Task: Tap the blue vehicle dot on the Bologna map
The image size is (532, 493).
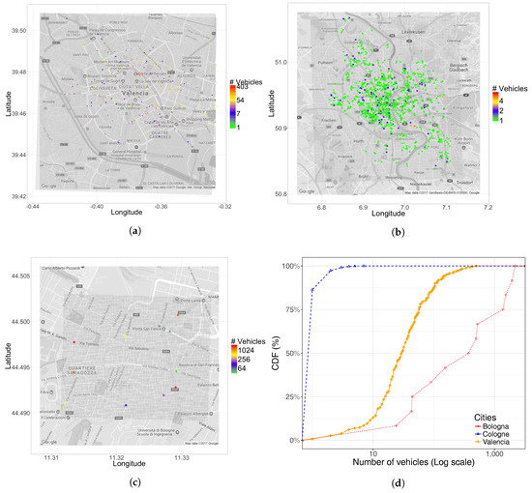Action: pyautogui.click(x=126, y=406)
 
